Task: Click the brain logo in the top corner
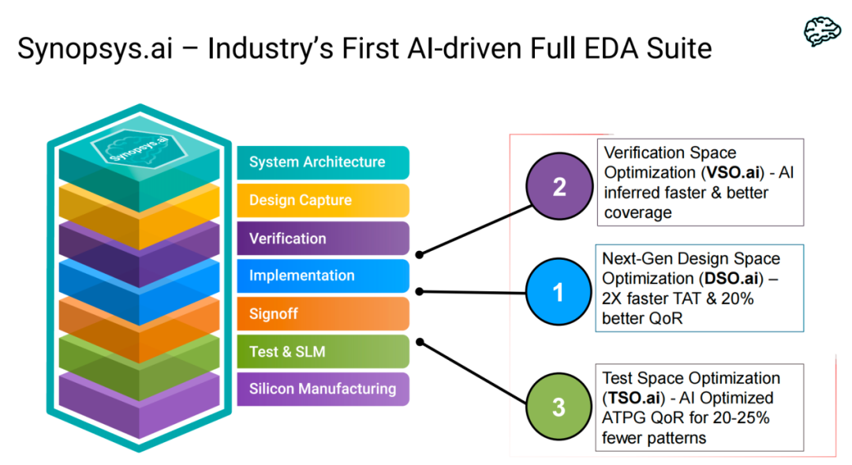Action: [x=822, y=31]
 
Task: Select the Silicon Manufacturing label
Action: [x=323, y=388]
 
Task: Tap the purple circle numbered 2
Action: [x=559, y=187]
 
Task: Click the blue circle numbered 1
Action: [x=559, y=293]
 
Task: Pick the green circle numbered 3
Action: [x=559, y=407]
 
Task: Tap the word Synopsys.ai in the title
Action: [x=98, y=49]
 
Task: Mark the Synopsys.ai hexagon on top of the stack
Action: [x=127, y=148]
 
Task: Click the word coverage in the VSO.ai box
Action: [x=637, y=212]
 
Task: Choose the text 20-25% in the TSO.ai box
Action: [x=741, y=418]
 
